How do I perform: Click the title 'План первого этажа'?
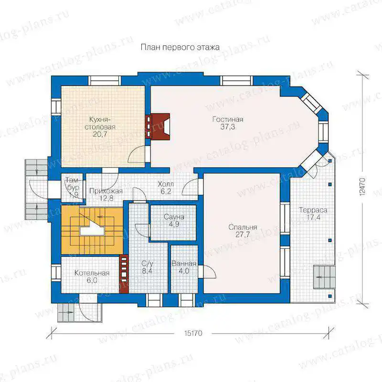point(180,47)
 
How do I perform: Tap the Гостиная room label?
point(228,119)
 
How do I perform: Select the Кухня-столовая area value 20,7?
point(100,134)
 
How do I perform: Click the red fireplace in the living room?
point(158,127)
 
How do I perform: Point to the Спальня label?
point(243,227)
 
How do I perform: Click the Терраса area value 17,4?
point(313,217)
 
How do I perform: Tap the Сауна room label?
point(174,217)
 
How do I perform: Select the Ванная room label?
point(184,264)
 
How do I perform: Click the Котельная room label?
point(92,273)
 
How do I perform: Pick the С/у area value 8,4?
point(147,271)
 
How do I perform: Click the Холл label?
point(166,184)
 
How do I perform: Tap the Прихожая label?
point(106,191)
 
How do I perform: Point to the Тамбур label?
point(73,184)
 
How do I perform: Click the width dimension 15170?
point(193,333)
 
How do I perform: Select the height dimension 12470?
point(362,186)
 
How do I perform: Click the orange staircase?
point(92,230)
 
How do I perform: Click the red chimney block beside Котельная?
point(124,274)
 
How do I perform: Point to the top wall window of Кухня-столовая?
point(104,80)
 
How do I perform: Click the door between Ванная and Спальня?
point(207,272)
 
